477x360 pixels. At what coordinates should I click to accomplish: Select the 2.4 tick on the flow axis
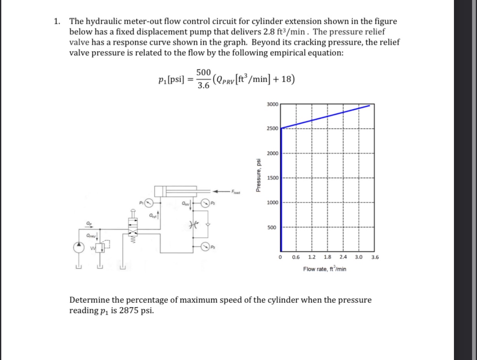[343, 257]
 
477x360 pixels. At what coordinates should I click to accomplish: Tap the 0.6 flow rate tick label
[296, 257]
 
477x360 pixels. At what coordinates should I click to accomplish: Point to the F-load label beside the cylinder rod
[235, 191]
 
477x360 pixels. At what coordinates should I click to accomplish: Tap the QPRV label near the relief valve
[91, 236]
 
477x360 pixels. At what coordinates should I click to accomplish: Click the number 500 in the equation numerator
[203, 72]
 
